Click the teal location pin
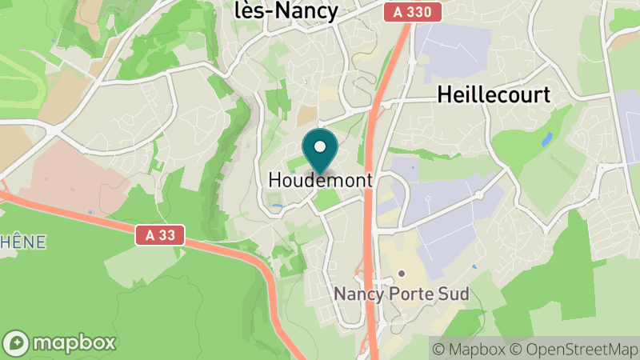pyautogui.click(x=321, y=152)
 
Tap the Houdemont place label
pyautogui.click(x=320, y=181)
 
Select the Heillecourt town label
pyautogui.click(x=494, y=94)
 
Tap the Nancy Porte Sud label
pyautogui.click(x=402, y=294)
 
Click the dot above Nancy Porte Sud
pyautogui.click(x=402, y=274)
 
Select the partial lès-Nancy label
pyautogui.click(x=286, y=10)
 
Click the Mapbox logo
pyautogui.click(x=60, y=342)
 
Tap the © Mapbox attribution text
pyautogui.click(x=470, y=349)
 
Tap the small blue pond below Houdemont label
pyautogui.click(x=276, y=206)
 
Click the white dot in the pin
pyautogui.click(x=321, y=146)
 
